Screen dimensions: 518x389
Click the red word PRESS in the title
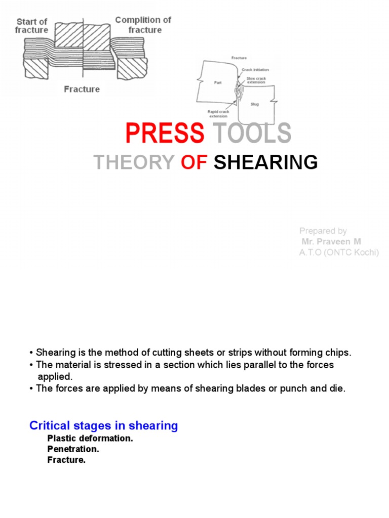[165, 133]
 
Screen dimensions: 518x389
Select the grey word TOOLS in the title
[252, 133]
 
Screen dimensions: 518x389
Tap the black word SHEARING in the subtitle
[265, 162]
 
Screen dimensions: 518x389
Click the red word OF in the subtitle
[194, 162]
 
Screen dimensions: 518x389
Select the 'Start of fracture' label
[32, 25]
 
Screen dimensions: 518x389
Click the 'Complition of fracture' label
[143, 24]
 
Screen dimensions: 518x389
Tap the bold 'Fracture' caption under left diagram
[82, 89]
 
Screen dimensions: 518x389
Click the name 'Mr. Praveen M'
[331, 242]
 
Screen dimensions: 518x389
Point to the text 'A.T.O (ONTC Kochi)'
[339, 252]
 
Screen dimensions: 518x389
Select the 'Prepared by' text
[323, 231]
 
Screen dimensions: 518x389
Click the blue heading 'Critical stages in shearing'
[104, 425]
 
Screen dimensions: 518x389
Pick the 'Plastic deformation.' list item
[90, 438]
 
